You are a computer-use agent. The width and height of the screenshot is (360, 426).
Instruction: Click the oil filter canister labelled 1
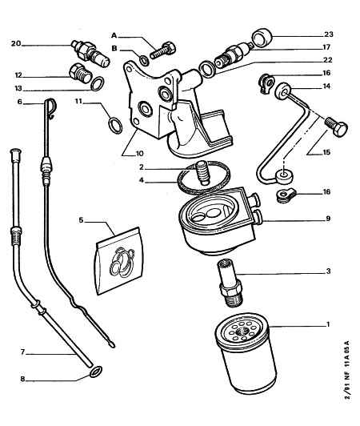tap(246, 353)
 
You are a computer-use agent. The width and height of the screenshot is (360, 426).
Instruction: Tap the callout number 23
tap(329, 34)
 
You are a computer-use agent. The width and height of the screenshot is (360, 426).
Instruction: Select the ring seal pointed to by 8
tap(96, 372)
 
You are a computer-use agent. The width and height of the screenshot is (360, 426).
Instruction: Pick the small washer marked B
tap(145, 61)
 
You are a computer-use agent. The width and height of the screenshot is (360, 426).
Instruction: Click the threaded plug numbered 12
tap(80, 73)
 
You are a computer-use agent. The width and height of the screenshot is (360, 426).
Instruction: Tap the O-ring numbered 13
tap(97, 83)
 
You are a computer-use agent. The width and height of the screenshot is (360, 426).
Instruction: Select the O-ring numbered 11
tap(115, 125)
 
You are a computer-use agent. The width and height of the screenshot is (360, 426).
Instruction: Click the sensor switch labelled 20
tap(90, 54)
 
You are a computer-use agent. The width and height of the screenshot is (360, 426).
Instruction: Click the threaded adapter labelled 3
tap(230, 283)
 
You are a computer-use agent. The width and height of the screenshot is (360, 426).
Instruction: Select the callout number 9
tap(328, 218)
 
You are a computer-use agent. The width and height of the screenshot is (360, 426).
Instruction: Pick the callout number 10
tap(139, 154)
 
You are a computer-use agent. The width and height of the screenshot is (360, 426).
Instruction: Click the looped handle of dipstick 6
tap(50, 107)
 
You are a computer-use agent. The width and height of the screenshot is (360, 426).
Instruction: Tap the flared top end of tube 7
tap(15, 154)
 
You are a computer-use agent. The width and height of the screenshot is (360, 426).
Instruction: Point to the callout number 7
tap(23, 352)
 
